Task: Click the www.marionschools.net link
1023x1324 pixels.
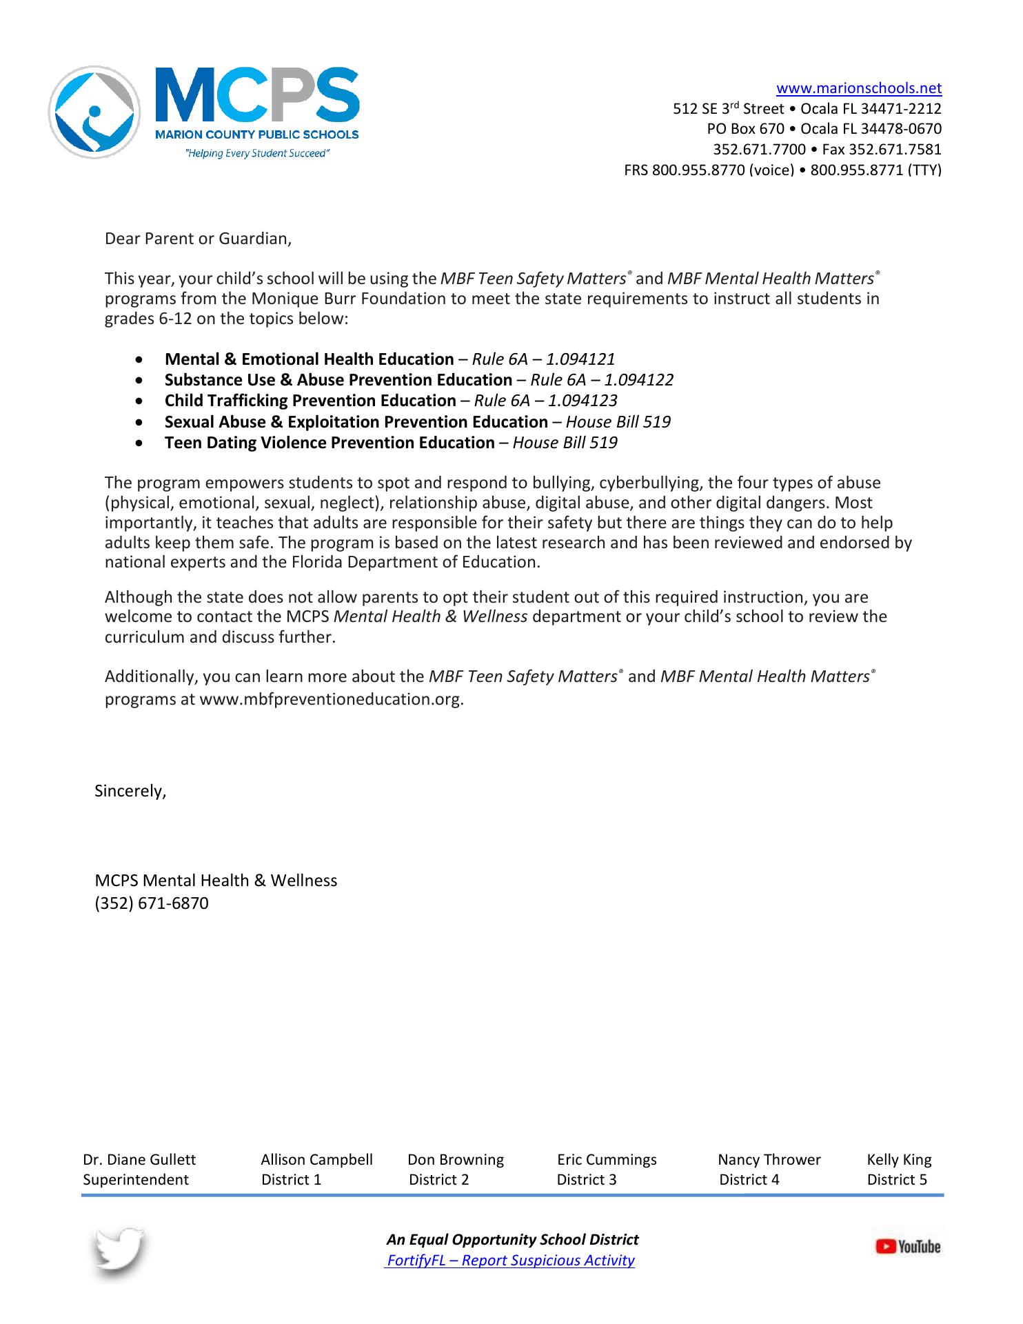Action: (x=858, y=88)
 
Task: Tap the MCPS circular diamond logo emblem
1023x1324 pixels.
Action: (x=94, y=112)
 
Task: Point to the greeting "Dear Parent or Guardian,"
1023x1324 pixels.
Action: (x=199, y=239)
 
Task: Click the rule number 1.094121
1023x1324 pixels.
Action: (x=580, y=359)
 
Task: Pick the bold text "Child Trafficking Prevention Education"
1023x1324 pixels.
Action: (x=310, y=401)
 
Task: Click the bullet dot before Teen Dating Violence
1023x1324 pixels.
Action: (x=141, y=443)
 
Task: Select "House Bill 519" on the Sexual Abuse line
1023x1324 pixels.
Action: (x=618, y=422)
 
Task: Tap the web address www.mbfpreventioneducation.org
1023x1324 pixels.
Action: (x=330, y=699)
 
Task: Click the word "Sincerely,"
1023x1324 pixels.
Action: (x=131, y=791)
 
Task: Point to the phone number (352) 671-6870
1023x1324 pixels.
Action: (x=152, y=903)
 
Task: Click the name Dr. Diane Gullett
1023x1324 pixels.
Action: (x=139, y=1160)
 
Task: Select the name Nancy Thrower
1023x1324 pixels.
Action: (x=769, y=1160)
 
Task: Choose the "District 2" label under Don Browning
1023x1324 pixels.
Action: (x=439, y=1180)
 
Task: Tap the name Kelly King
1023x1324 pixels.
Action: (x=899, y=1160)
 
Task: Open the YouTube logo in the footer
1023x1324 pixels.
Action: (x=907, y=1247)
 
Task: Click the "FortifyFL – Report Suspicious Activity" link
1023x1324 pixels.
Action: (x=511, y=1261)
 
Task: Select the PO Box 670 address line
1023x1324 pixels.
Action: (x=824, y=129)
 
